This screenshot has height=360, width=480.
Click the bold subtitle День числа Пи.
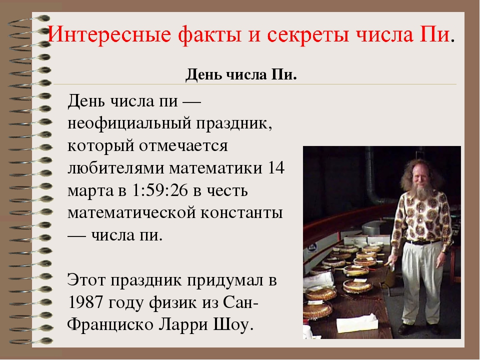point(241,76)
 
